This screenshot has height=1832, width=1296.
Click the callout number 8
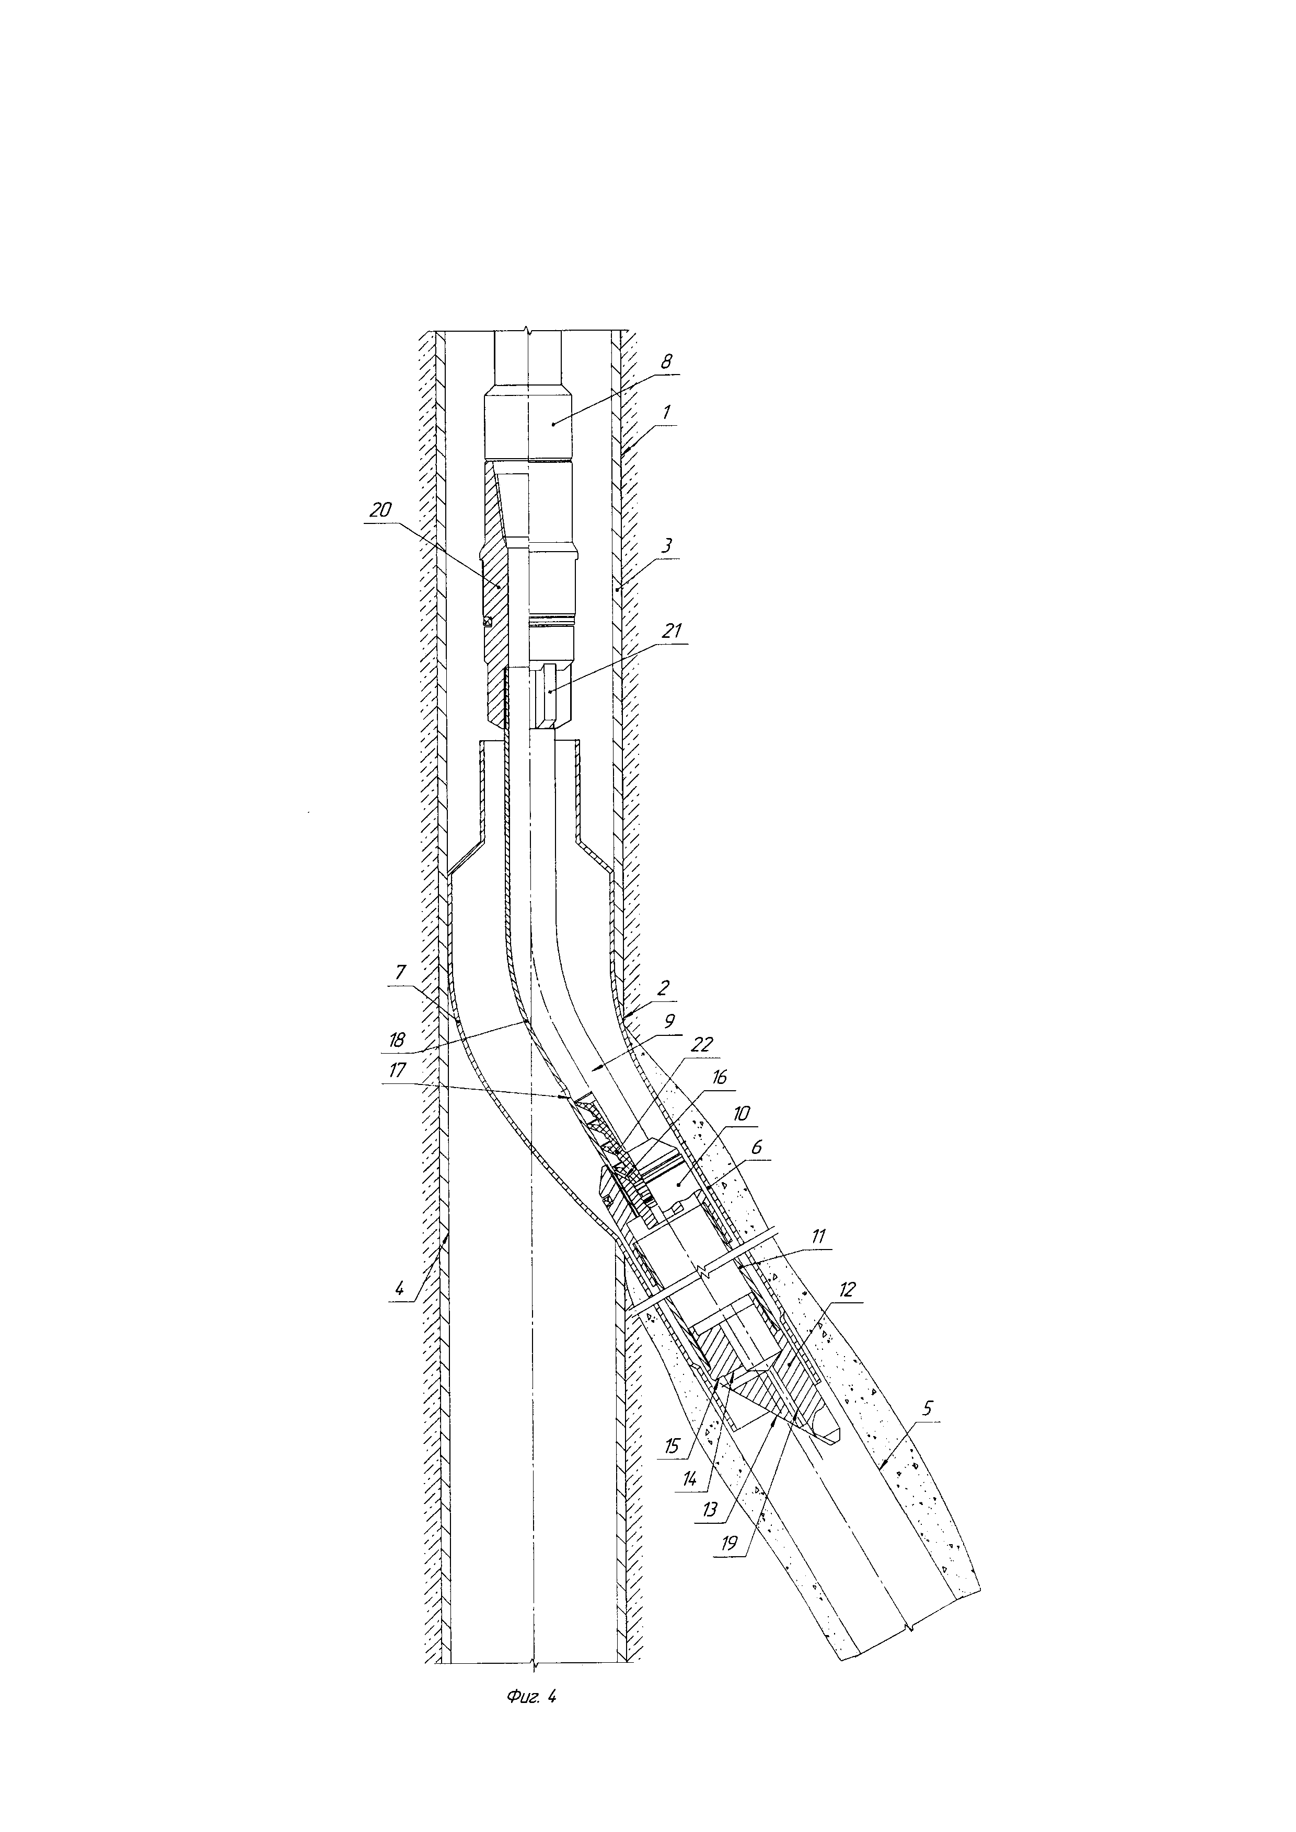(x=666, y=361)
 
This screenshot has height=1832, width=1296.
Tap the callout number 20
(x=380, y=509)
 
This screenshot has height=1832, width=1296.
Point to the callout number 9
(x=669, y=1021)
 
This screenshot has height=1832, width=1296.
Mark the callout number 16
(x=718, y=1078)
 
